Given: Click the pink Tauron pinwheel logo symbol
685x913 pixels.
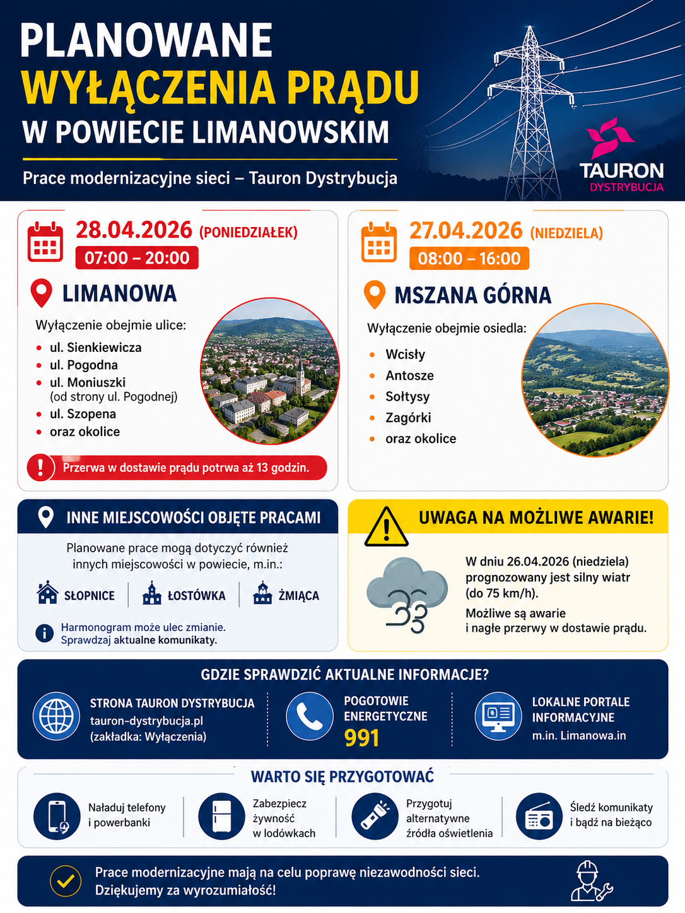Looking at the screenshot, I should [609, 138].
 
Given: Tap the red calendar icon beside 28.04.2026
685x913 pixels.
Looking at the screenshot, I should [45, 241].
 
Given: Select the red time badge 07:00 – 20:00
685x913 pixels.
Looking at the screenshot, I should [137, 258].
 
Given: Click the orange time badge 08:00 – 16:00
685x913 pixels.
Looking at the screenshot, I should [469, 259].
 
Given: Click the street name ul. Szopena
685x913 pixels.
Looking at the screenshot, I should [83, 414].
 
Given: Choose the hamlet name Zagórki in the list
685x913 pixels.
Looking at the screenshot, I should [407, 417].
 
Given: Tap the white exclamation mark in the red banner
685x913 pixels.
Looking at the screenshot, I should [41, 468].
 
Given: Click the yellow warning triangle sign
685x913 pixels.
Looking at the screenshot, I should [386, 527].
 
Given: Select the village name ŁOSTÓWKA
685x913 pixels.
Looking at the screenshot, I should [196, 596].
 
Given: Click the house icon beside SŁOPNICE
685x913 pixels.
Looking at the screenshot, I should [48, 594].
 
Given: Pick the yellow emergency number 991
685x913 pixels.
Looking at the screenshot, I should [361, 738].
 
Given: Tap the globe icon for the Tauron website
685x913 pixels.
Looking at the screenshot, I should [56, 716].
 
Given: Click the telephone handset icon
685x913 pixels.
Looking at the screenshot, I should [309, 716].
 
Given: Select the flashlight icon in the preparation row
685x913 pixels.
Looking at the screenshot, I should [375, 816].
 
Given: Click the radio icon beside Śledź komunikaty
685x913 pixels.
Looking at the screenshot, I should [539, 817].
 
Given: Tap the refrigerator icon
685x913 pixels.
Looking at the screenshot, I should [221, 817].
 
